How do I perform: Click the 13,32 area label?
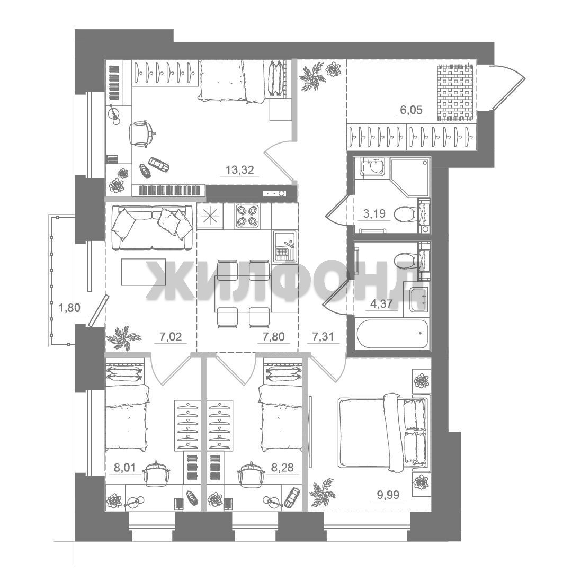pyautogui.click(x=239, y=169)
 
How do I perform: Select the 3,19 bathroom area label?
pyautogui.click(x=374, y=213)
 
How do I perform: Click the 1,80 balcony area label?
pyautogui.click(x=69, y=308)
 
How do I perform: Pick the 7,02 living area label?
pyautogui.click(x=171, y=336)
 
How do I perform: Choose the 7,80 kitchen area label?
pyautogui.click(x=274, y=336)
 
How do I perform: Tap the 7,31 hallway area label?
pyautogui.click(x=323, y=336)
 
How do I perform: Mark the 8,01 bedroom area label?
pyautogui.click(x=125, y=468)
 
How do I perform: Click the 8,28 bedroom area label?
pyautogui.click(x=282, y=468)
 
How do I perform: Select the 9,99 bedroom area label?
pyautogui.click(x=387, y=495)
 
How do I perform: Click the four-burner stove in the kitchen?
pyautogui.click(x=248, y=216)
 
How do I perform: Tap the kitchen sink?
pyautogui.click(x=284, y=246)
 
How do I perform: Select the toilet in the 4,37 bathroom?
pyautogui.click(x=405, y=260)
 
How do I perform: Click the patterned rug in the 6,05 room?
pyautogui.click(x=456, y=93)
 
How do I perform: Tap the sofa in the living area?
pyautogui.click(x=153, y=227)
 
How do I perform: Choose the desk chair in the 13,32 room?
pyautogui.click(x=141, y=133)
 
